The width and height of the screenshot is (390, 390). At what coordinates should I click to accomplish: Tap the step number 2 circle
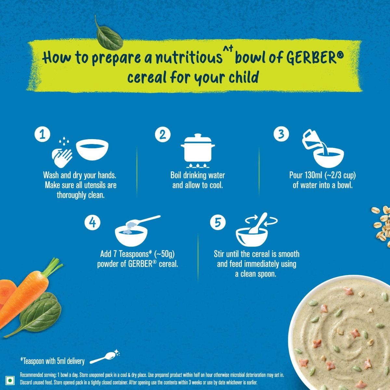coord(160,135)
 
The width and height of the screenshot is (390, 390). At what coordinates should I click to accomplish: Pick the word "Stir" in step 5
coord(220,254)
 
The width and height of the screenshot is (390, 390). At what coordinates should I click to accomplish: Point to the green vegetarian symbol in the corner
coord(10,380)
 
